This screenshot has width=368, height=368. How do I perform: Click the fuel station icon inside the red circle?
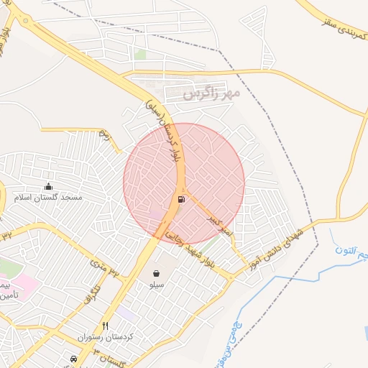[179, 199]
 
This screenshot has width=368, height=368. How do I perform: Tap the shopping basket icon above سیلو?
[157, 273]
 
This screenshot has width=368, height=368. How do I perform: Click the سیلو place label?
[157, 285]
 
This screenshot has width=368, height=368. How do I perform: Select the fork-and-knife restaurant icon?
[106, 326]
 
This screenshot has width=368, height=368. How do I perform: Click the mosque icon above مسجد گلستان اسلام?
[48, 186]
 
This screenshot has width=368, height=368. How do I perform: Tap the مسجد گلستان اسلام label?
[51, 197]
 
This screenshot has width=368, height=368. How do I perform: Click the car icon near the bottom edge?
[73, 358]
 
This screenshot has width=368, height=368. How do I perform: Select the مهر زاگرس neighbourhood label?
[210, 93]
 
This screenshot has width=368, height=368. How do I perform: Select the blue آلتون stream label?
[350, 251]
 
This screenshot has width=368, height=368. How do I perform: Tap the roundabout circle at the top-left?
[26, 21]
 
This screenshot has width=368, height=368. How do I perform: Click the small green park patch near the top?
[140, 55]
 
